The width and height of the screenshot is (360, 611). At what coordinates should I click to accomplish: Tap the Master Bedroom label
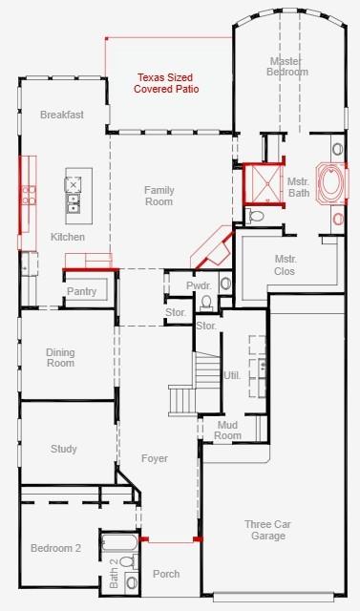[x=287, y=66]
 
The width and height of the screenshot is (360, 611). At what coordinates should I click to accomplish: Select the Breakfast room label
[x=62, y=115]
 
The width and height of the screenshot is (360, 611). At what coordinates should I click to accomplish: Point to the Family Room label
[x=159, y=196]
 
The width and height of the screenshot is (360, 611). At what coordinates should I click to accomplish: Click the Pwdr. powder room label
[x=199, y=285]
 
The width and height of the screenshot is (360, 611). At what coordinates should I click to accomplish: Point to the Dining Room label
[x=60, y=358]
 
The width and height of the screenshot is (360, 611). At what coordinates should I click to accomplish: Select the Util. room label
[x=232, y=375]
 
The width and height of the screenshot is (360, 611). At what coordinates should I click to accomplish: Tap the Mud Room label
[x=227, y=430]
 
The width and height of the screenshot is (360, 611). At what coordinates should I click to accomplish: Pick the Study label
[x=64, y=449]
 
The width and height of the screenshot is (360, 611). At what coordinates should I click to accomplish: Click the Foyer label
[x=154, y=458]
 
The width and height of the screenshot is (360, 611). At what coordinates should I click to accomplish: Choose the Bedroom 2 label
[x=55, y=548]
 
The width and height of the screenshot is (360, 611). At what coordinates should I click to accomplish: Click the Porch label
[x=166, y=574]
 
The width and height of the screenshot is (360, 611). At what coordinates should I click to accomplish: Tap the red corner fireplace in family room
[x=211, y=250]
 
